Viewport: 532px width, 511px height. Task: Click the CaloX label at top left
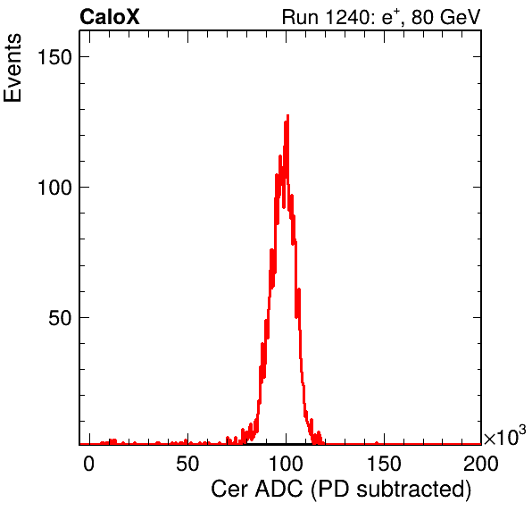click(x=110, y=17)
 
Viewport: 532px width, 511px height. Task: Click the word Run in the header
click(x=300, y=17)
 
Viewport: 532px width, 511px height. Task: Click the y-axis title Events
click(x=12, y=68)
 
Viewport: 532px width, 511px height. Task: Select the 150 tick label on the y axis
click(x=54, y=56)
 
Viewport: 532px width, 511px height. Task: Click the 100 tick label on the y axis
click(x=54, y=187)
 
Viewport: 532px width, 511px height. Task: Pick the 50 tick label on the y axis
click(x=60, y=318)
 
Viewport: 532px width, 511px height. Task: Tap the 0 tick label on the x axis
click(x=89, y=464)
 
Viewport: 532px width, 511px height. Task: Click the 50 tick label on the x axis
click(x=187, y=464)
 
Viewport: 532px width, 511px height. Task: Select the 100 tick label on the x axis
click(x=286, y=464)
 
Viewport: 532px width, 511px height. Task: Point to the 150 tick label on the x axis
click(x=384, y=464)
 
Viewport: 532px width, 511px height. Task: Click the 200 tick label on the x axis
click(x=481, y=464)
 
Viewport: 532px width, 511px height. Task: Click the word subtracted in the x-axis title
click(x=411, y=490)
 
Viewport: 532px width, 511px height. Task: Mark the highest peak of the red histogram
click(x=287, y=115)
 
